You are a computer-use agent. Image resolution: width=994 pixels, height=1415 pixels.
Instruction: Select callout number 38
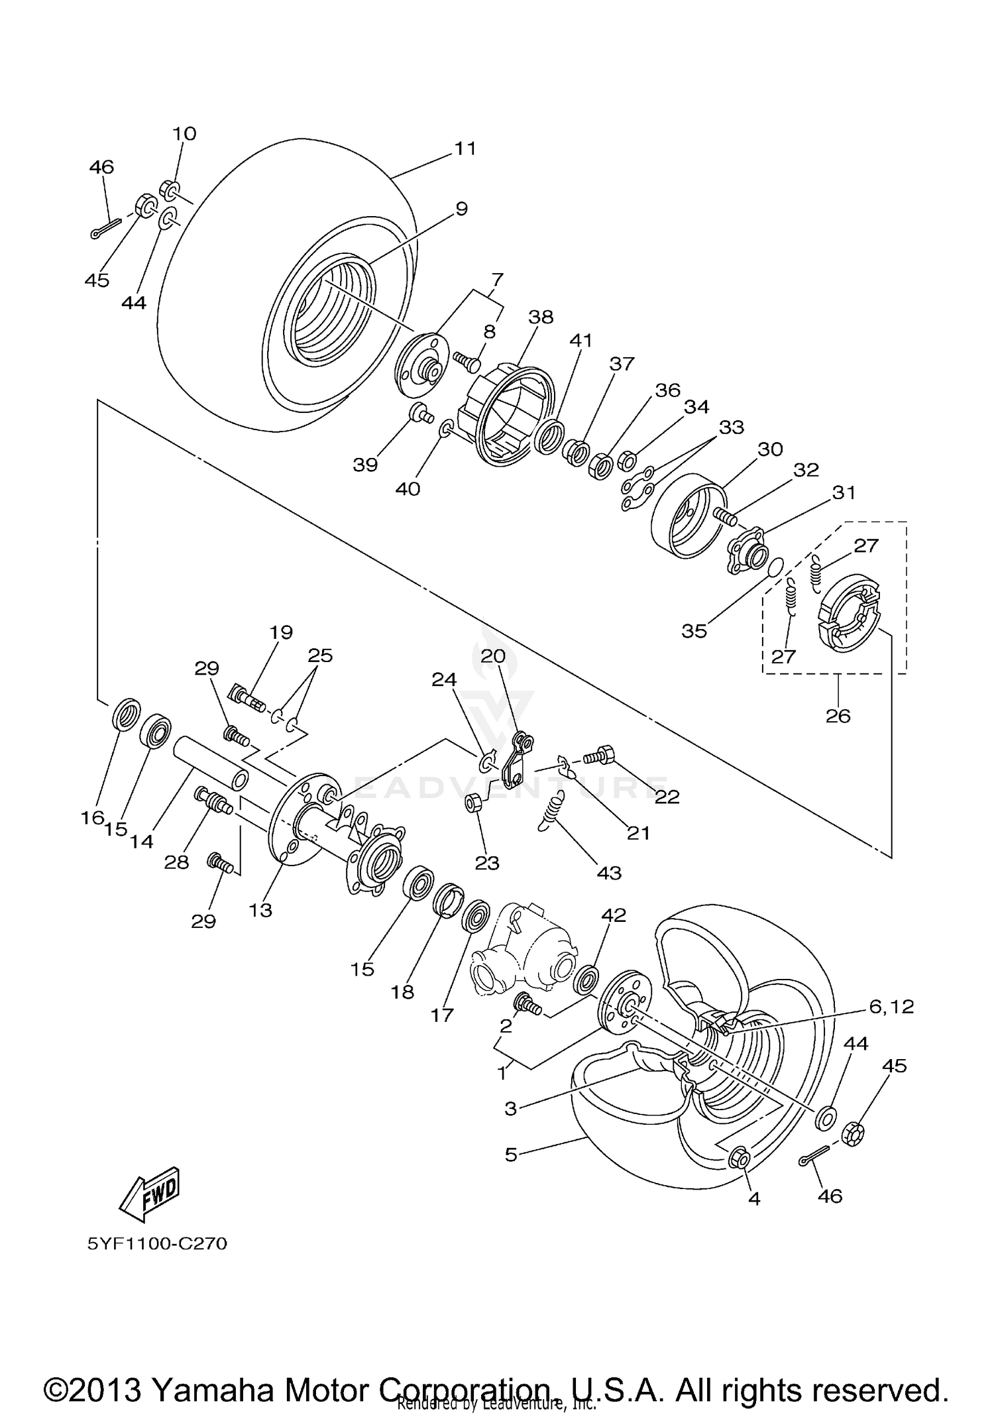coord(540,317)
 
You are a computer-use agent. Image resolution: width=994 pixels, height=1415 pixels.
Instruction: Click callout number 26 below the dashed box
coord(838,716)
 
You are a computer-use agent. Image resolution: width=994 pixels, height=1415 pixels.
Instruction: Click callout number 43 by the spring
coord(609,872)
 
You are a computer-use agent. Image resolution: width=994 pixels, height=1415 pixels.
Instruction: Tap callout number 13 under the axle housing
coord(260,910)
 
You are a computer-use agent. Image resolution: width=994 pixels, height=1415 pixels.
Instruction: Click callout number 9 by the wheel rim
coord(461,209)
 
